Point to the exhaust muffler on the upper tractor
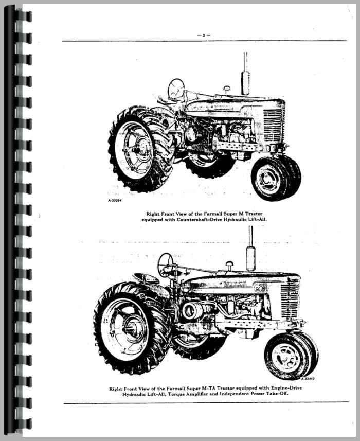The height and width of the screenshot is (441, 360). [246, 83]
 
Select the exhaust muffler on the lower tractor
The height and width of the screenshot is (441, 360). [251, 259]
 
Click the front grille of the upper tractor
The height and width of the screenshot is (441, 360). [274, 124]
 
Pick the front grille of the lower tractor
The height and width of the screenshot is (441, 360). [290, 300]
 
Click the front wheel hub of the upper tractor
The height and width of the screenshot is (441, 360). [266, 179]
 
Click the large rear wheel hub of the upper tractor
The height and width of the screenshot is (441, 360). [137, 149]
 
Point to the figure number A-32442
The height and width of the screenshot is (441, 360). [308, 378]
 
